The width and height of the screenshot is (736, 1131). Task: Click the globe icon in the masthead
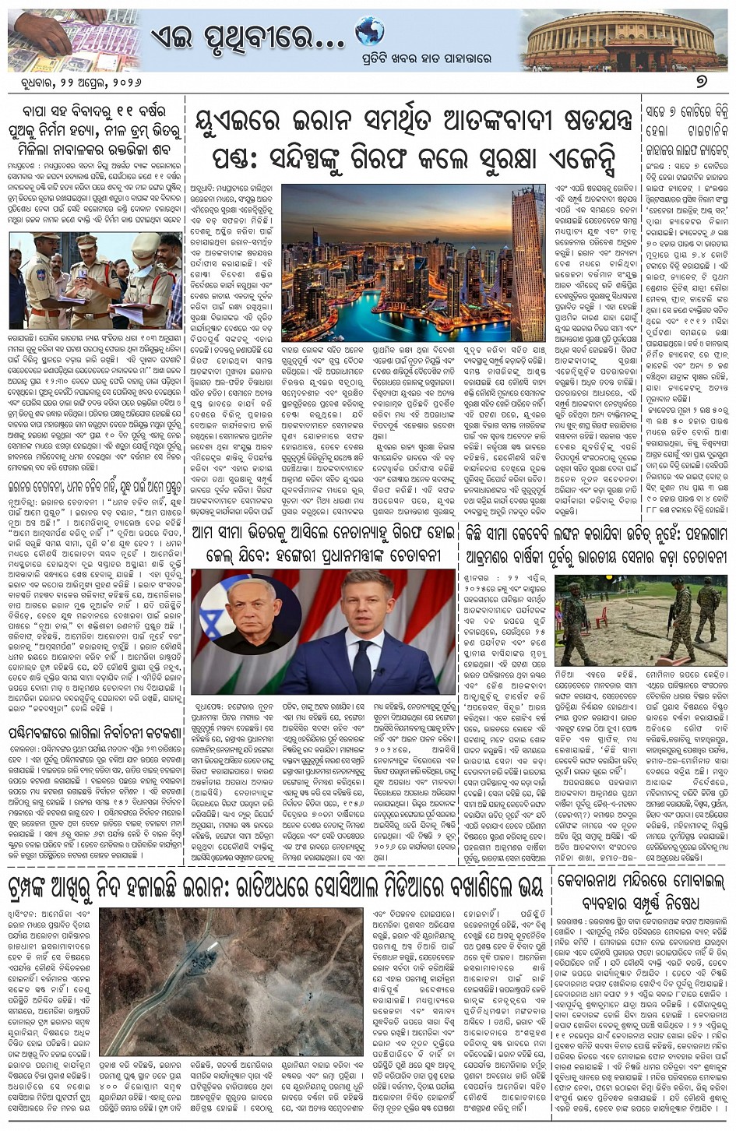pyautogui.click(x=370, y=32)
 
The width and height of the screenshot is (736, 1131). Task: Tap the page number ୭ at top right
pyautogui.click(x=713, y=82)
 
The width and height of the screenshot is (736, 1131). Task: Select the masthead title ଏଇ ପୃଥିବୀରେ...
pyautogui.click(x=238, y=34)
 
